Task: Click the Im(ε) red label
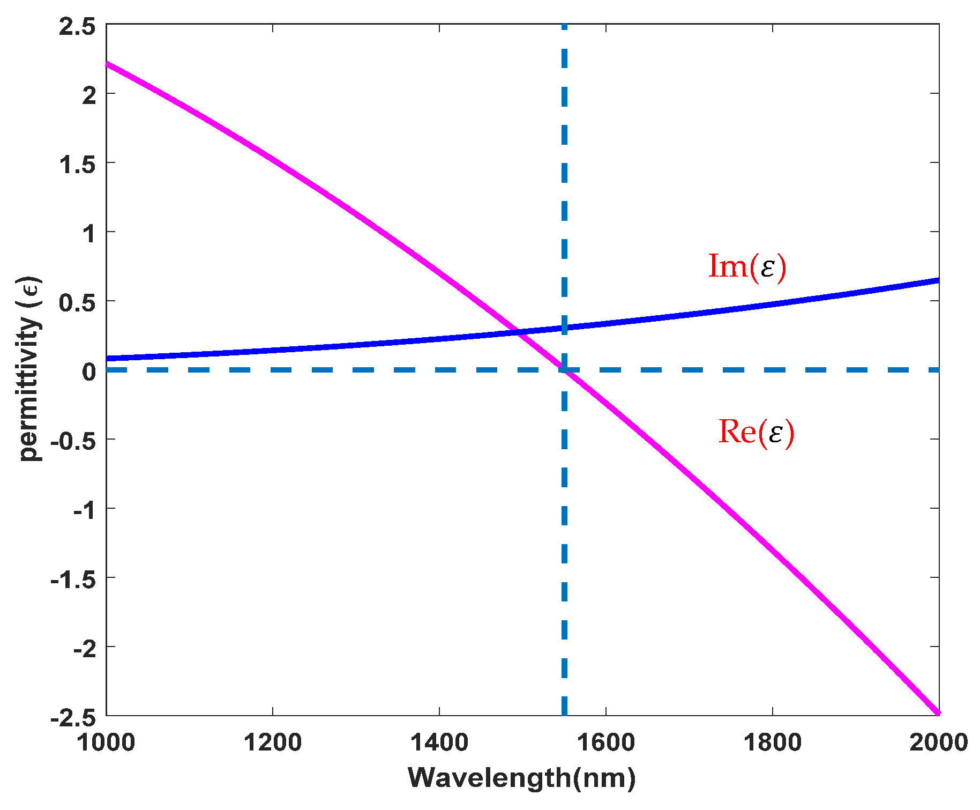coord(747,266)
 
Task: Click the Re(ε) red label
coord(755,432)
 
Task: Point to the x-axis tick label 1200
coord(273,743)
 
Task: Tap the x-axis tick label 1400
coord(439,743)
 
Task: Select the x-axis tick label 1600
coord(606,743)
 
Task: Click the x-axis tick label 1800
coord(772,743)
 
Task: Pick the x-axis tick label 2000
coord(938,743)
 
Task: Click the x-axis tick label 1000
coord(106,743)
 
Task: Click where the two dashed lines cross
coord(564,370)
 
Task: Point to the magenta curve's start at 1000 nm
coord(107,64)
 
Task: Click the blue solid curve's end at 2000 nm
coord(938,280)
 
